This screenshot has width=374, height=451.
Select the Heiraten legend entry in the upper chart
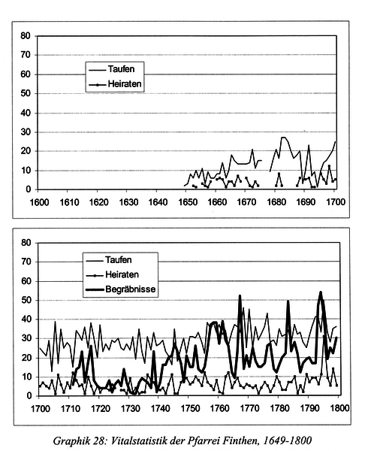[x=115, y=84]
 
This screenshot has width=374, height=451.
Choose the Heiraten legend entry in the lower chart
[x=113, y=274]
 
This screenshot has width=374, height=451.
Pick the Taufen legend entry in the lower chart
[x=109, y=260]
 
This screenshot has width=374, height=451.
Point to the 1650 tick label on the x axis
[x=188, y=202]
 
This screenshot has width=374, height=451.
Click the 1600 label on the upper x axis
[x=39, y=202]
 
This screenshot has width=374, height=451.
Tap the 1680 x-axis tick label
[x=276, y=202]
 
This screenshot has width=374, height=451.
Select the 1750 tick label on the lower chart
[x=190, y=408]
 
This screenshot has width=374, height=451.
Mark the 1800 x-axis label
[x=339, y=408]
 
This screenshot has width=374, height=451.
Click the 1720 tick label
[x=101, y=408]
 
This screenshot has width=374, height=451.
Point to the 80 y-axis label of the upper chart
[x=26, y=36]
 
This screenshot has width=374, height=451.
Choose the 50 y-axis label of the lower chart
[x=26, y=300]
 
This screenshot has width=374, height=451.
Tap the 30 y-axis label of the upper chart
[x=26, y=132]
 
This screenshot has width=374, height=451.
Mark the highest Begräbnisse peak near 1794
[x=321, y=292]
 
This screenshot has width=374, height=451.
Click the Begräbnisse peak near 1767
[x=240, y=296]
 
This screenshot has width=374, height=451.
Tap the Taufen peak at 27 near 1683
[x=283, y=138]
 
